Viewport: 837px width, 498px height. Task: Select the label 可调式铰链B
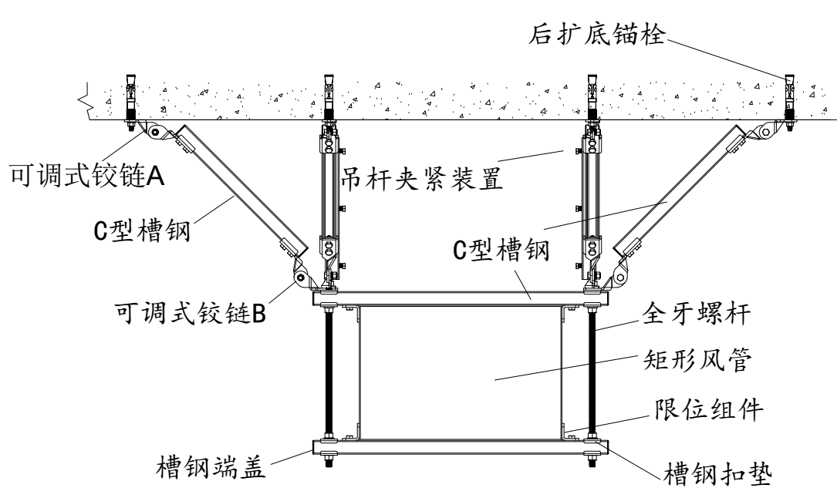pyautogui.click(x=190, y=314)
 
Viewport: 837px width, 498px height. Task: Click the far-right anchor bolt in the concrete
pyautogui.click(x=789, y=99)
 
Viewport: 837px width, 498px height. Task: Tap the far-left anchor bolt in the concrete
pyautogui.click(x=131, y=98)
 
